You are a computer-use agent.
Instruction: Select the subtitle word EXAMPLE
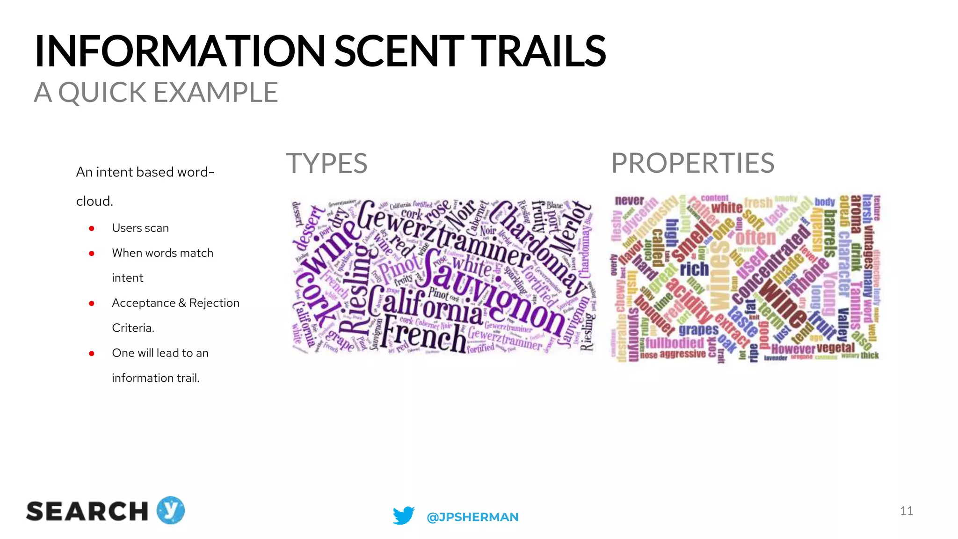click(216, 92)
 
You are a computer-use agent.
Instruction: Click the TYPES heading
click(327, 163)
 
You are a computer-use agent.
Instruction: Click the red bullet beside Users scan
click(92, 228)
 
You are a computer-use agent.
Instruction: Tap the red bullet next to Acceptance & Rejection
click(92, 304)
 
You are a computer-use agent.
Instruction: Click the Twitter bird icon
click(403, 516)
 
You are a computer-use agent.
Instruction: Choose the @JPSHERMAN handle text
click(472, 517)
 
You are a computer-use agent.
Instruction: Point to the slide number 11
click(906, 510)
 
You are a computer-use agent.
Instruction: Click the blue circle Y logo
click(171, 510)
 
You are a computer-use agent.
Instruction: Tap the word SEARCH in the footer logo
click(87, 511)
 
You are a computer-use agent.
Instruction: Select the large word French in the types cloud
click(423, 335)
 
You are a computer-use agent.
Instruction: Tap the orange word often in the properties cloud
click(755, 238)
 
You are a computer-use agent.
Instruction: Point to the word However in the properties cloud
click(793, 349)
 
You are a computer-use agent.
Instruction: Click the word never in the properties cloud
click(629, 201)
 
